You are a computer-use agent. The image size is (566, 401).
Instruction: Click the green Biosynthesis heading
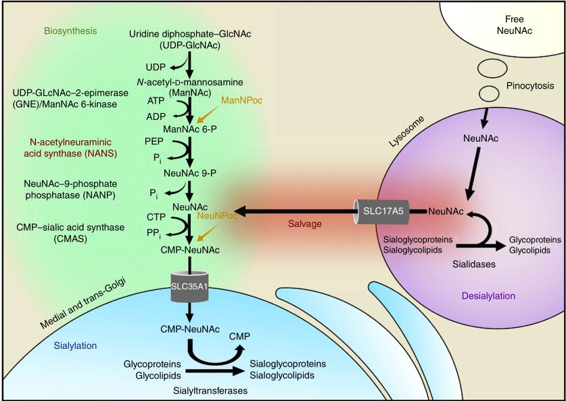click(70, 31)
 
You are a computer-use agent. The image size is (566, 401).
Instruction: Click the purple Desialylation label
click(488, 296)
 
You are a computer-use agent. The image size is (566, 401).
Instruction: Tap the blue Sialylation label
click(75, 345)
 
